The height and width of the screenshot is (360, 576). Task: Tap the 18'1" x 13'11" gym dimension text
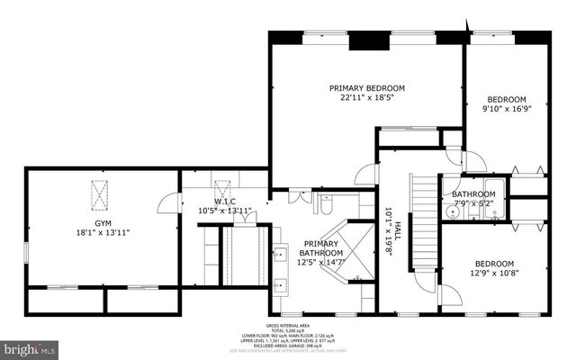[103, 232]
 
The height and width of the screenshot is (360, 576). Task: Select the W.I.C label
[224, 202]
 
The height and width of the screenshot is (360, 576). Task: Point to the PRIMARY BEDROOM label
[366, 88]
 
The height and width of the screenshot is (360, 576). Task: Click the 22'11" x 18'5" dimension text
[366, 99]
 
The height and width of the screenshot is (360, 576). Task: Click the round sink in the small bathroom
[450, 214]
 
